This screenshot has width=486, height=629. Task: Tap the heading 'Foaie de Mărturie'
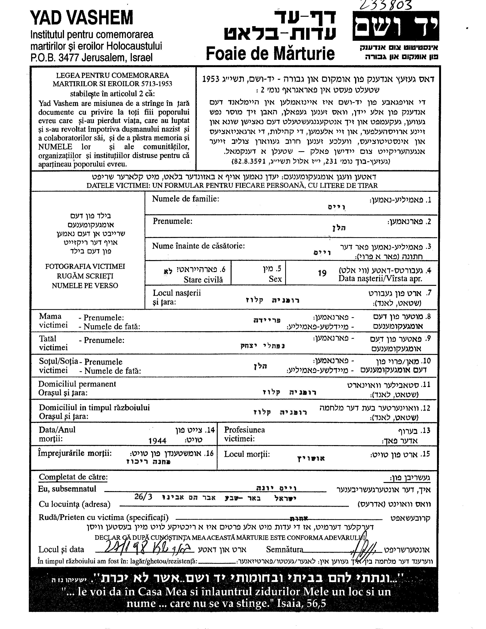tap(270, 53)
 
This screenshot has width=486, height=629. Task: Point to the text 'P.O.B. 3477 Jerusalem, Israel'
tap(91, 58)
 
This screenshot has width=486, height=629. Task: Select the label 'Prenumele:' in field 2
tap(173, 221)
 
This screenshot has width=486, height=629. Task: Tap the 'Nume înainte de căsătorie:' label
tap(199, 246)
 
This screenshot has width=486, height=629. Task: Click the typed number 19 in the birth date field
tap(322, 273)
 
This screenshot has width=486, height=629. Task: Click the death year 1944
tap(157, 441)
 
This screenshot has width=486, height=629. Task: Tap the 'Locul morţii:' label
tap(247, 454)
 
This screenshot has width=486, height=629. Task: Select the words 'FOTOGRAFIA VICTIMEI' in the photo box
tap(85, 266)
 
